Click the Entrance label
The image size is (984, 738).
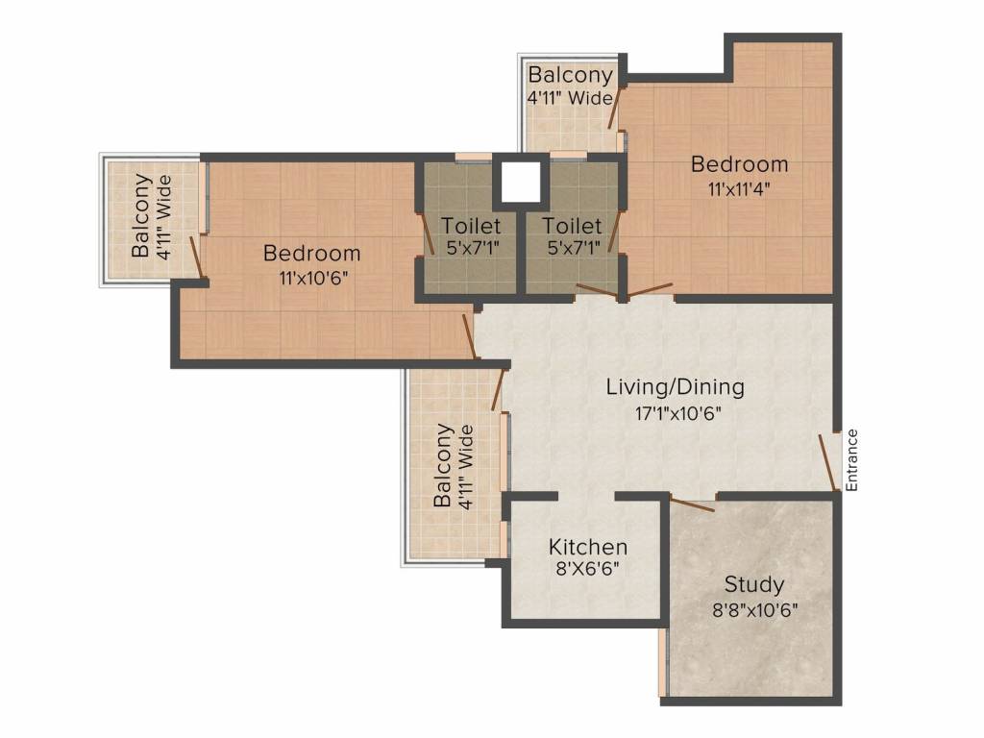pyautogui.click(x=851, y=460)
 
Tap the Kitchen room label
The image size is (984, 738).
pyautogui.click(x=588, y=547)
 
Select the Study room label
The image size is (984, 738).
pyautogui.click(x=754, y=585)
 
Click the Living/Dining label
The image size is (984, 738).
pyautogui.click(x=676, y=386)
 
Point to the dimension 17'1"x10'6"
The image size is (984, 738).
pyautogui.click(x=677, y=413)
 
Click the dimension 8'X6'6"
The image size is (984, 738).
pyautogui.click(x=588, y=569)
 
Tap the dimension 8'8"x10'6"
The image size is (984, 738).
pyautogui.click(x=755, y=609)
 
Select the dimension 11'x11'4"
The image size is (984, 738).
pyautogui.click(x=739, y=189)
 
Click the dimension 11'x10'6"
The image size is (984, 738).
pyautogui.click(x=313, y=278)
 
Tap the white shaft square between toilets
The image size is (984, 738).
pyautogui.click(x=521, y=182)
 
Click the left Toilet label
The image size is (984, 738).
pyautogui.click(x=471, y=225)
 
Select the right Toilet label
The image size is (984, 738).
pyautogui.click(x=573, y=225)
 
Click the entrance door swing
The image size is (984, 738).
pyautogui.click(x=827, y=462)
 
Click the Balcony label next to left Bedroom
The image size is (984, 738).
pyautogui.click(x=141, y=215)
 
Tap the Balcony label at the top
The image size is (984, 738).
pyautogui.click(x=570, y=75)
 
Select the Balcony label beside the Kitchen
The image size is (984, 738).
pyautogui.click(x=442, y=465)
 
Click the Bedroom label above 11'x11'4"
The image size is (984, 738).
pyautogui.click(x=739, y=163)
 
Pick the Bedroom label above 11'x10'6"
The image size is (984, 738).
pyautogui.click(x=312, y=253)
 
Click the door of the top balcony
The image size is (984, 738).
pyautogui.click(x=615, y=108)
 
